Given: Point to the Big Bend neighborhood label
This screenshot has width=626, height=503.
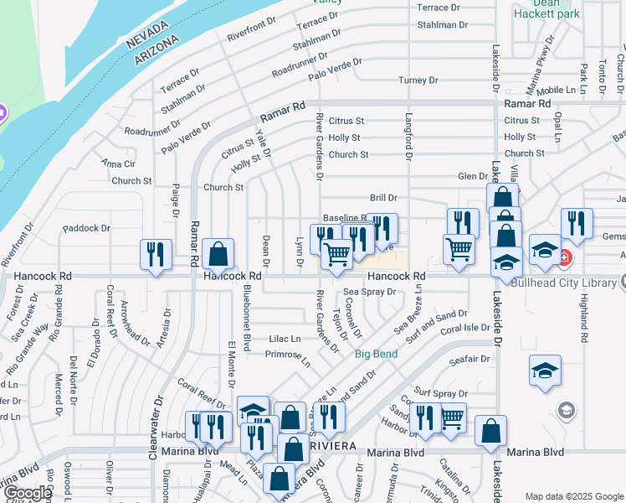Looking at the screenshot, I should (376, 354).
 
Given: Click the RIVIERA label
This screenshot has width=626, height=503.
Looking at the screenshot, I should (336, 443).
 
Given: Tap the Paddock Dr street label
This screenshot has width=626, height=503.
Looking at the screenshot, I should (86, 228).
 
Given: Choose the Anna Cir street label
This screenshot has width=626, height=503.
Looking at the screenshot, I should (118, 163).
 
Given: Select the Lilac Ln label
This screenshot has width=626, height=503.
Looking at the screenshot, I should (285, 339).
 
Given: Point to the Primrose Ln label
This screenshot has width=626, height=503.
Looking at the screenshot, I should (288, 358).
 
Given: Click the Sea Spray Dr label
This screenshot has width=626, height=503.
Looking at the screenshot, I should (369, 293).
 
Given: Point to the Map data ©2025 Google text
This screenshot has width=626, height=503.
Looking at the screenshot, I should (573, 495).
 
